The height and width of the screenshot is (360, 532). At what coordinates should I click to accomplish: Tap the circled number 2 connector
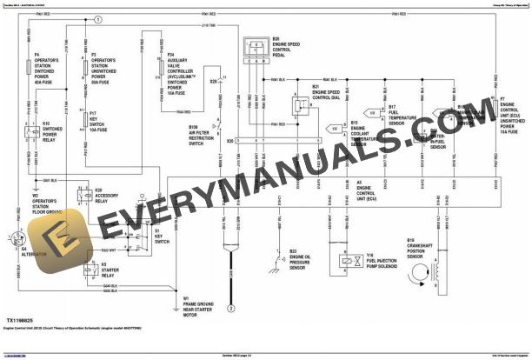(231, 309)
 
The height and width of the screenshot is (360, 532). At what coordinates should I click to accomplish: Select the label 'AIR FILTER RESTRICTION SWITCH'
(201, 136)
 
